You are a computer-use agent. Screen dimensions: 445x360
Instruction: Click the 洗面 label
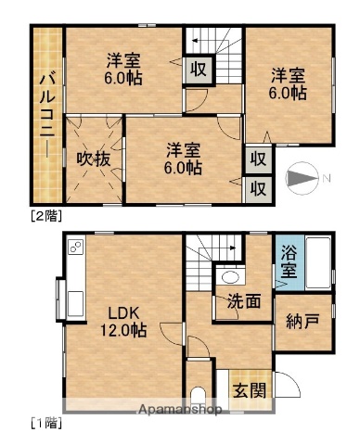[x=242, y=299]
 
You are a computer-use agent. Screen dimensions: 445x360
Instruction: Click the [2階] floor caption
[x=45, y=217]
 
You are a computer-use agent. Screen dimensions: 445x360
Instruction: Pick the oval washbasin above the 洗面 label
[x=229, y=276]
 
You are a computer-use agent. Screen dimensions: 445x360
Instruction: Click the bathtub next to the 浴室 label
[x=315, y=262]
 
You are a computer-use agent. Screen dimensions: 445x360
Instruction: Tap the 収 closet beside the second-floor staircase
[x=199, y=70]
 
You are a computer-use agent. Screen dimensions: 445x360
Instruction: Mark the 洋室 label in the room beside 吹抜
[x=182, y=158]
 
